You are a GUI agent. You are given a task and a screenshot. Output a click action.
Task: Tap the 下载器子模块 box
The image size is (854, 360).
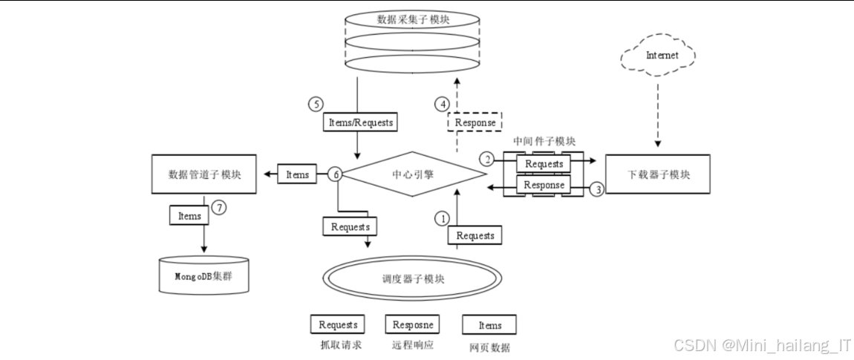point(657,175)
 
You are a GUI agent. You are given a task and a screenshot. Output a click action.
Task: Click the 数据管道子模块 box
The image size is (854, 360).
point(204,175)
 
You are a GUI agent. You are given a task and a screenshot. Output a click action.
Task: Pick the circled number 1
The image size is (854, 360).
point(442,218)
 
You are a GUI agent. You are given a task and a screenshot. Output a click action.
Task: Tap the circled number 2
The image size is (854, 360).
point(487,159)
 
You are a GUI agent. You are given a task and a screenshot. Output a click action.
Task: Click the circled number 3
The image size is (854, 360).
point(598,189)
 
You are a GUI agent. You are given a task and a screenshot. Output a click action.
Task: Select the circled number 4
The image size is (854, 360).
point(442,104)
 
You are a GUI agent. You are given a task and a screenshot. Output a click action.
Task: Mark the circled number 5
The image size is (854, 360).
point(316,104)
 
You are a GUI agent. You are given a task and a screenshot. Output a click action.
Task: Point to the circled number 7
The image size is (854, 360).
point(218,207)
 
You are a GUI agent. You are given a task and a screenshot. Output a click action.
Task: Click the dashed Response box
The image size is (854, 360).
point(475,122)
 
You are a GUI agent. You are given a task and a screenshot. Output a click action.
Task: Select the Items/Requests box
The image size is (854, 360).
point(359,122)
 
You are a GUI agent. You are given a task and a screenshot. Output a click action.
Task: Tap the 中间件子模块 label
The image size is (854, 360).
point(544,141)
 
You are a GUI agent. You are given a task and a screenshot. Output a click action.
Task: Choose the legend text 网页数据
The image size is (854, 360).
point(489,347)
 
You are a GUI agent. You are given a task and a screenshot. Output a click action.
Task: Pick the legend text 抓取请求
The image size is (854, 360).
point(338,345)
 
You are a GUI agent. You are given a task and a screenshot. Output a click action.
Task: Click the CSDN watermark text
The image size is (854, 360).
point(762,346)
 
